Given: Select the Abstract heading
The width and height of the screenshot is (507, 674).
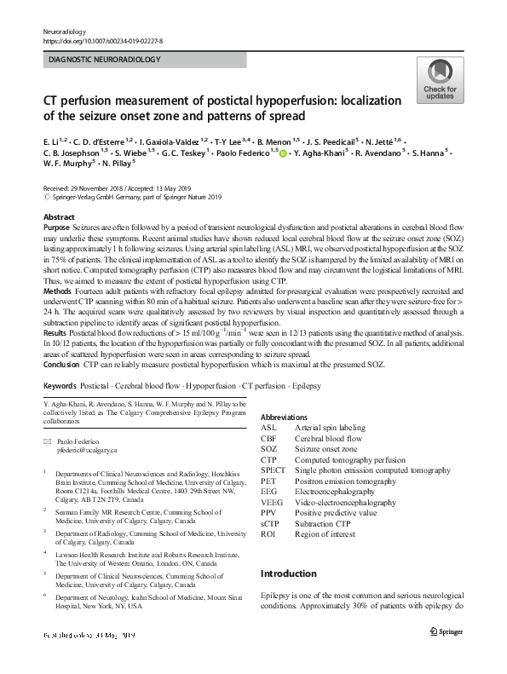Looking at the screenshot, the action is tap(59, 217).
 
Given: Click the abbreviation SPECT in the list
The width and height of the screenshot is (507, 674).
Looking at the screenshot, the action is tap(274, 469).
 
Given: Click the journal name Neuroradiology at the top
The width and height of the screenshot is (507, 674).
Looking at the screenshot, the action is tap(65, 30).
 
